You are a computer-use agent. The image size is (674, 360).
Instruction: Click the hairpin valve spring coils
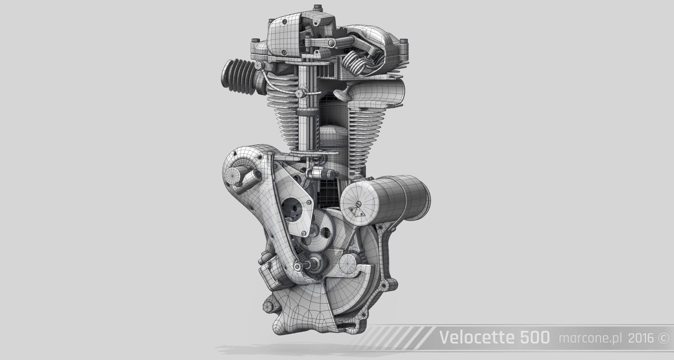(354, 63)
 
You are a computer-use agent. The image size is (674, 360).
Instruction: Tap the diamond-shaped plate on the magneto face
(357, 212)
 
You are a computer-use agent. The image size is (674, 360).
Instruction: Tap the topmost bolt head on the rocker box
(315, 7)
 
